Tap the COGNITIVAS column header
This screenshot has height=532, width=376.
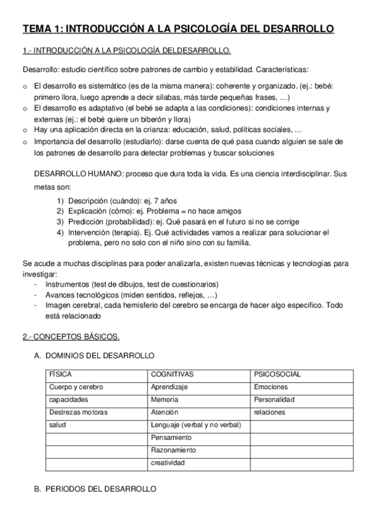click(172, 375)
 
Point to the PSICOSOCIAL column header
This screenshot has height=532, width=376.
click(277, 375)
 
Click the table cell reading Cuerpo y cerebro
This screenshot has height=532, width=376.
click(75, 387)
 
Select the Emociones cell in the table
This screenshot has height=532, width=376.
click(271, 387)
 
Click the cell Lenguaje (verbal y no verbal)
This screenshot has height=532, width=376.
click(195, 425)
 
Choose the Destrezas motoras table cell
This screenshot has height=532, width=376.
click(78, 412)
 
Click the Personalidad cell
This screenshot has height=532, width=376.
click(274, 400)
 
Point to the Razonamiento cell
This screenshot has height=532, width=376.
click(173, 450)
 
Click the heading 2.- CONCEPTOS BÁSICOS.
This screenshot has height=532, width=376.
click(71, 337)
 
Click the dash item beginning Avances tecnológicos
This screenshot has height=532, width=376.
click(131, 294)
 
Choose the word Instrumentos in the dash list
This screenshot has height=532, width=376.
click(67, 284)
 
